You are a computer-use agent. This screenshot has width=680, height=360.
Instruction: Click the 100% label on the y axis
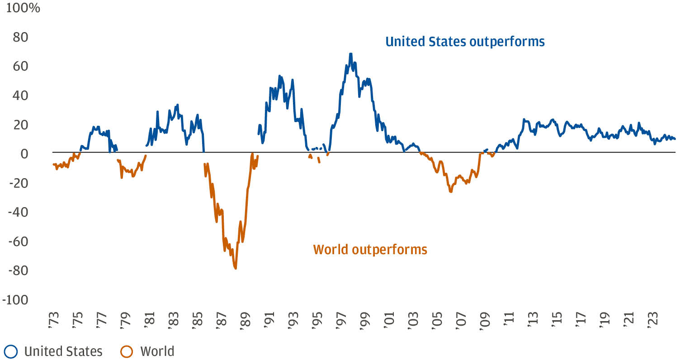click(23, 8)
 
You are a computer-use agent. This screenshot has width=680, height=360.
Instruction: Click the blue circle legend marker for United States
click(10, 351)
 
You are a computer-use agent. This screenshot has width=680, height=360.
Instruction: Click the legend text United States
click(63, 351)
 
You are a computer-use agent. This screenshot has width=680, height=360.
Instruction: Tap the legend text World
click(157, 351)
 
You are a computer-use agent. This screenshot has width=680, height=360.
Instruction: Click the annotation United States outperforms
click(465, 42)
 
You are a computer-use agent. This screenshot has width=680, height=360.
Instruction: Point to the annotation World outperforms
click(370, 249)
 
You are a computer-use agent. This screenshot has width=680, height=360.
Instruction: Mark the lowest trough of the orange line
click(236, 269)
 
